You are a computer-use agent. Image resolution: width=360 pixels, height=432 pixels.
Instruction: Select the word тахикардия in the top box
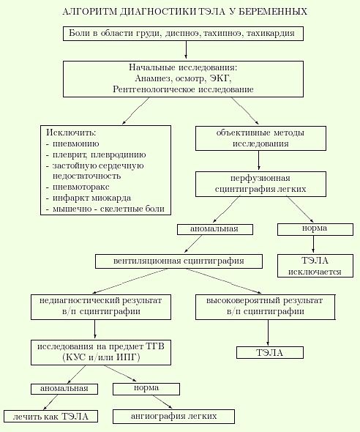[x=270, y=34]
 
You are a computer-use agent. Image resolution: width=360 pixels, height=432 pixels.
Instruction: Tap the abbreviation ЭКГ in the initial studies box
[x=220, y=78]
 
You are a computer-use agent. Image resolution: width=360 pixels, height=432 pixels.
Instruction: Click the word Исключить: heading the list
[x=71, y=133]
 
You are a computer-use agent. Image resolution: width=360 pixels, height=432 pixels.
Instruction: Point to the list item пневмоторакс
[x=81, y=187]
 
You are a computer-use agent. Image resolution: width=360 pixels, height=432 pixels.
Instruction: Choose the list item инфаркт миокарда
[x=91, y=198]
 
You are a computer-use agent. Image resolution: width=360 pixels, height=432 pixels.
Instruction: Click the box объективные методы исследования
[x=260, y=138]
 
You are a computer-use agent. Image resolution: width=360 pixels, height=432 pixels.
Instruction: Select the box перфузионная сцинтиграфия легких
[x=260, y=184]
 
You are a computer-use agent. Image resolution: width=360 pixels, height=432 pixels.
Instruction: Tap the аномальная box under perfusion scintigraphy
[x=215, y=229]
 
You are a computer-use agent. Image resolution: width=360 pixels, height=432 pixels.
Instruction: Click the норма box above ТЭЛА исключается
[x=315, y=229]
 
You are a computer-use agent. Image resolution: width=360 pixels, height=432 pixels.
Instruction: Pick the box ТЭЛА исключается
[x=315, y=266]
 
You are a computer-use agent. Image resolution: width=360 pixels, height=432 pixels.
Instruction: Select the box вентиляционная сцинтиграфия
[x=179, y=261]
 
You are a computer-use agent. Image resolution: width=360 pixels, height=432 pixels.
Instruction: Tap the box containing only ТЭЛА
[x=270, y=353]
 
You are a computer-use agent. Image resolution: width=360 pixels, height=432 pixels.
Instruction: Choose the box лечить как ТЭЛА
[x=50, y=416]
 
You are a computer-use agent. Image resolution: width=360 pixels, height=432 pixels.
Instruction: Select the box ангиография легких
[x=173, y=416]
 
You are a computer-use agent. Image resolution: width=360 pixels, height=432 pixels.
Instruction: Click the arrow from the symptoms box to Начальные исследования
[x=186, y=50]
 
